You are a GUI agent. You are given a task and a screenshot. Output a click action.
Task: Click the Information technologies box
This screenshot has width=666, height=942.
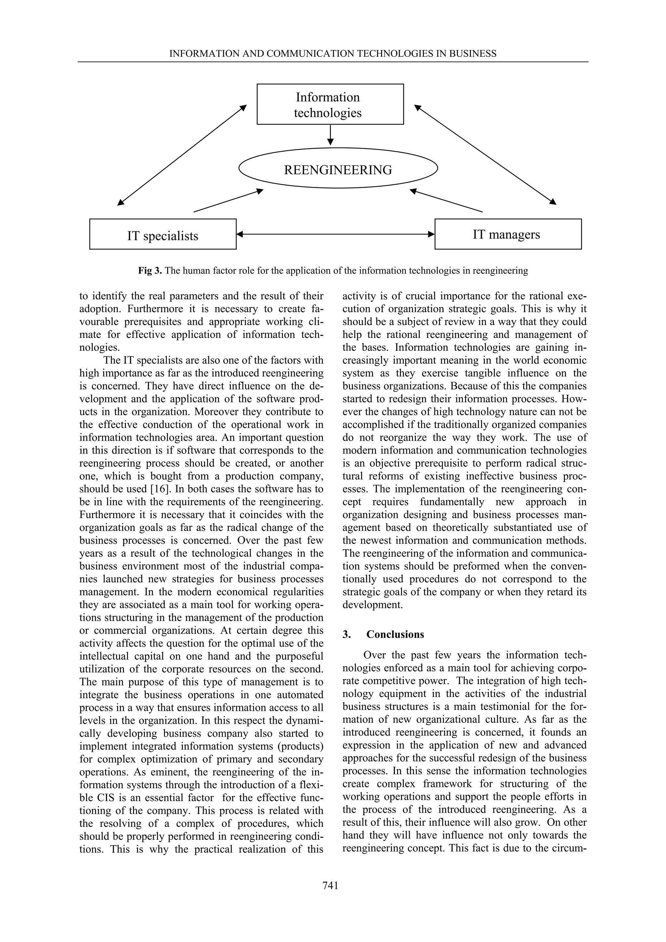pyautogui.click(x=330, y=104)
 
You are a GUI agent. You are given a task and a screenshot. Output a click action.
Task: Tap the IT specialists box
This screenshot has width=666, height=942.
pyautogui.click(x=163, y=234)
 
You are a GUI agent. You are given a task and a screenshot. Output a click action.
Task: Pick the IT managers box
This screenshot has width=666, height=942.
pyautogui.click(x=508, y=234)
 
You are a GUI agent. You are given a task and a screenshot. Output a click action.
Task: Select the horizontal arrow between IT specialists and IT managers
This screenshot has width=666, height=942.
pyautogui.click(x=335, y=234)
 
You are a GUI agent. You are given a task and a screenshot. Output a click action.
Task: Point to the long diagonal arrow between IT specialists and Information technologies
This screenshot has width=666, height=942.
pyautogui.click(x=182, y=155)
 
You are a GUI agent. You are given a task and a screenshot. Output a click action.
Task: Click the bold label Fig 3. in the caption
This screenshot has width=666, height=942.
pyautogui.click(x=150, y=271)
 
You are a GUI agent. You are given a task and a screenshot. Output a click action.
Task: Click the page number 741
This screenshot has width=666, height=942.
pyautogui.click(x=330, y=897)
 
